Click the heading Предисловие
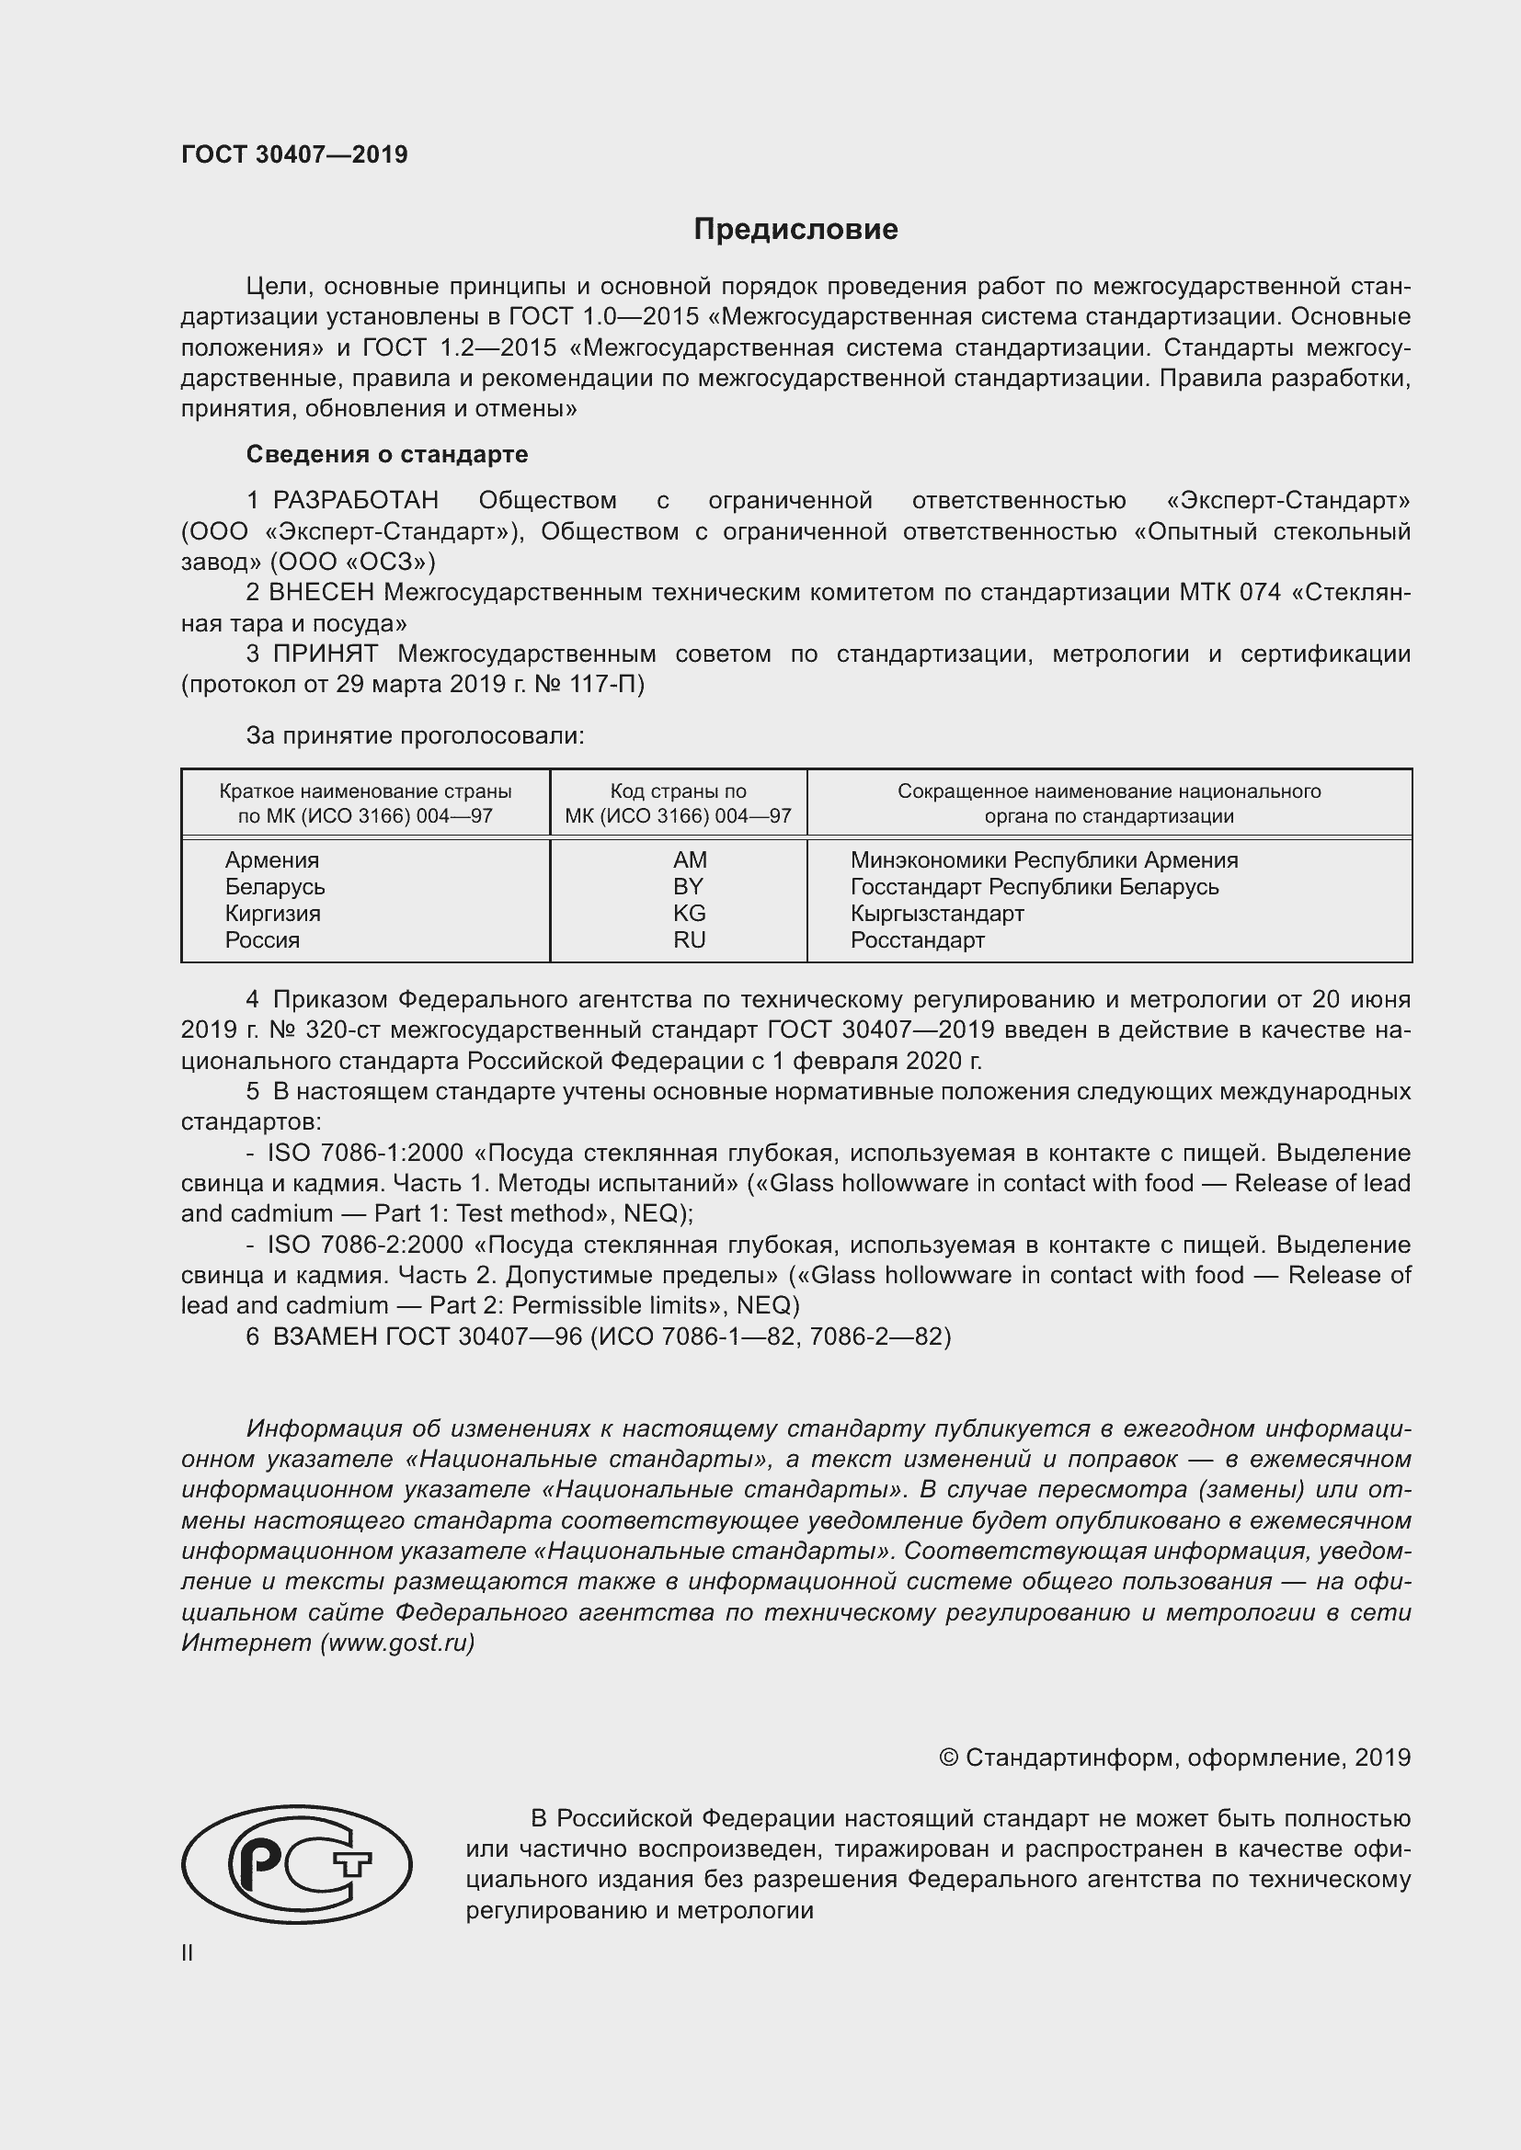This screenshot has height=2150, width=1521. [795, 230]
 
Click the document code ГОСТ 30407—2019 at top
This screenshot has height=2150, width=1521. [294, 154]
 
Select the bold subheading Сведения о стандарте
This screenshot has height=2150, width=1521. [387, 454]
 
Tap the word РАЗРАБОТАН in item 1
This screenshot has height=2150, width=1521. [355, 501]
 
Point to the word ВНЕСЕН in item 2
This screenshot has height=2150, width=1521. [321, 593]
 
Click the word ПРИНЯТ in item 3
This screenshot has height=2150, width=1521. [325, 654]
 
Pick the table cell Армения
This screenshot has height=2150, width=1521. [271, 859]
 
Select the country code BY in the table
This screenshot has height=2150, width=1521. [689, 887]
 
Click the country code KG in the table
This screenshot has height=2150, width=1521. [690, 913]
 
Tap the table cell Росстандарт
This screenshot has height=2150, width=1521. [917, 940]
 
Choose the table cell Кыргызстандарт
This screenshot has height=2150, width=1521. [936, 913]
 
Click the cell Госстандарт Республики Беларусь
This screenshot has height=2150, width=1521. [1034, 887]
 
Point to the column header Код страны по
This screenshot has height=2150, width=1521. [678, 791]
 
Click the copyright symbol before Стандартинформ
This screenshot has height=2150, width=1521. [948, 1758]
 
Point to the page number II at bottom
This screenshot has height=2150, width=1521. [188, 1953]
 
